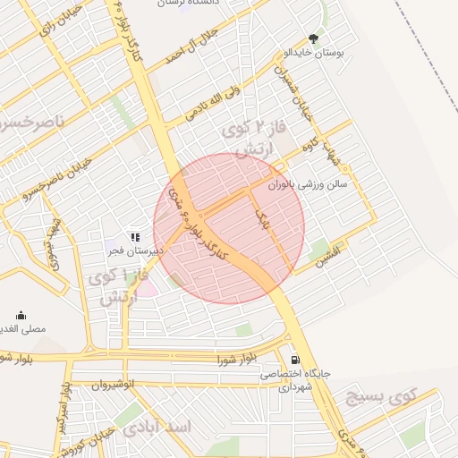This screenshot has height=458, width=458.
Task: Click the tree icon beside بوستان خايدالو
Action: click(313, 38)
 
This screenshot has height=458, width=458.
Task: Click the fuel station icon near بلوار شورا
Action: click(294, 354)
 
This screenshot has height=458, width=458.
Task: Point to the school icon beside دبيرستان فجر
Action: click(134, 237)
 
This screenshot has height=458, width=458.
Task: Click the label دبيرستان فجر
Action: click(134, 251)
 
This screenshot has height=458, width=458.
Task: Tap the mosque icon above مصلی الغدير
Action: click(21, 315)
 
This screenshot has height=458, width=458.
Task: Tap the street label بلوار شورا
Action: click(237, 360)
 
